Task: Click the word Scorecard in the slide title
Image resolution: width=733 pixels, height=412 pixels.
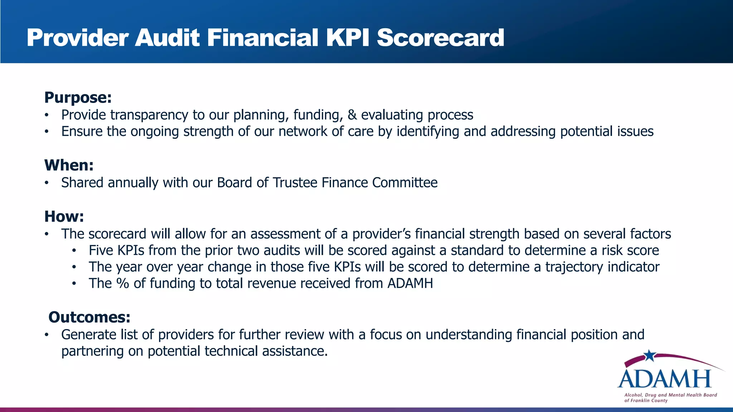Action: point(440,38)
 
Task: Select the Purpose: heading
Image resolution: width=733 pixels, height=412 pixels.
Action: point(78,98)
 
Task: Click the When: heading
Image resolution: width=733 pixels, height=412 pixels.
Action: point(69,165)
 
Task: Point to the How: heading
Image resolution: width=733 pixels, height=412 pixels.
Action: point(64,217)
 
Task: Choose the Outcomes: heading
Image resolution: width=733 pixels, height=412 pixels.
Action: point(89,317)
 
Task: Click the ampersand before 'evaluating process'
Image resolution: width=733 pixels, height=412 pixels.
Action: point(352,115)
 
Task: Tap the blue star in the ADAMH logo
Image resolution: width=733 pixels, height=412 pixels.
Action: point(650,355)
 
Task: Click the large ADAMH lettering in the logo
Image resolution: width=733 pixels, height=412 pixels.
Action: point(665,379)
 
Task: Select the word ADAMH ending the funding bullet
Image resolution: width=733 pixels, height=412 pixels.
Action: point(410,284)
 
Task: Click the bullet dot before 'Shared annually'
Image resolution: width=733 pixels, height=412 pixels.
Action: point(46,183)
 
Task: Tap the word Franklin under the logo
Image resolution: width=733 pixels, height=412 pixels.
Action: point(643,401)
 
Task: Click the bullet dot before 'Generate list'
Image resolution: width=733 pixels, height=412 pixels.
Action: point(46,335)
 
